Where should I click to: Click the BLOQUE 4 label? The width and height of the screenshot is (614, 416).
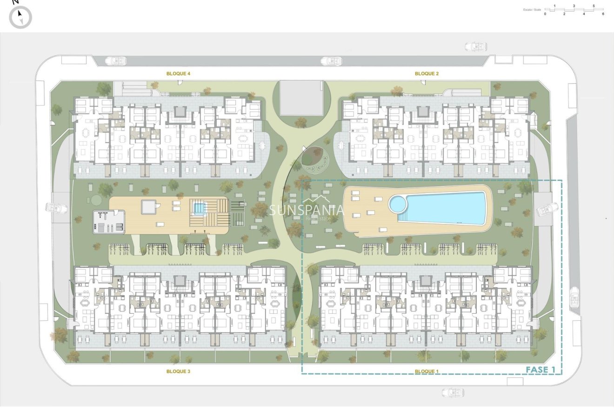[x=179, y=73]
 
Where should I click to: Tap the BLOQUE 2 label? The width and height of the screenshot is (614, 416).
[x=427, y=73]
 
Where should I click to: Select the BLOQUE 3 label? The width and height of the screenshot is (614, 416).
[x=179, y=371]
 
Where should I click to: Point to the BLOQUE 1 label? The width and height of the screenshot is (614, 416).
[x=427, y=371]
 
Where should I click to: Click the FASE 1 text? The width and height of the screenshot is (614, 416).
[x=541, y=370]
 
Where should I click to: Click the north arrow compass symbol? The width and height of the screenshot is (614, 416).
[x=20, y=18]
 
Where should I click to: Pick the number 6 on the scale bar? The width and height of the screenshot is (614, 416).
[x=603, y=14]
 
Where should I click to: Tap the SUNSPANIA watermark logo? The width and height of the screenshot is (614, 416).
[x=307, y=210]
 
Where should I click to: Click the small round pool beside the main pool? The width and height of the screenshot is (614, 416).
[x=398, y=204]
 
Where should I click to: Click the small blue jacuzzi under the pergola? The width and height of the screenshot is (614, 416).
[x=199, y=209]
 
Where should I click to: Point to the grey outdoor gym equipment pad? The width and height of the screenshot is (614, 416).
[x=109, y=222]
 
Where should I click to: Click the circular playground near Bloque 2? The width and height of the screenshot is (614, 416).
[x=314, y=157]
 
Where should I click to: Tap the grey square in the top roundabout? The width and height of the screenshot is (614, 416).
[x=301, y=98]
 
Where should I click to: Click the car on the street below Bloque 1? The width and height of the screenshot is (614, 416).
[x=453, y=392]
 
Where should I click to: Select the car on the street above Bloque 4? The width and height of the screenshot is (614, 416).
[x=115, y=61]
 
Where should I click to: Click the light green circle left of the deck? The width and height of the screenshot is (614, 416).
[x=96, y=200]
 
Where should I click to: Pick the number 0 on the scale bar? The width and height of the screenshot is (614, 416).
[x=545, y=14]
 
